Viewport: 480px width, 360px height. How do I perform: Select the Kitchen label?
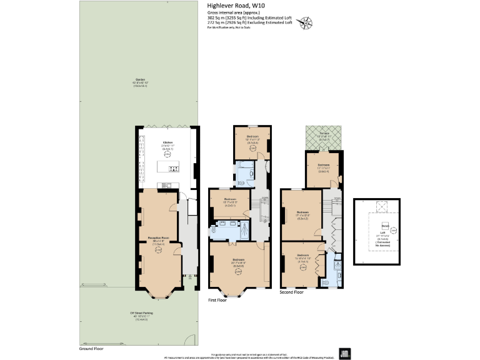point(168,142)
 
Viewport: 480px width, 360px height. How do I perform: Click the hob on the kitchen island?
point(172,169)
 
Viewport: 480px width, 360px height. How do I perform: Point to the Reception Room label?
point(158,238)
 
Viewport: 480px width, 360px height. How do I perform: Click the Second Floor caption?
point(292,292)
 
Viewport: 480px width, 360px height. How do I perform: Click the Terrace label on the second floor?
point(324,134)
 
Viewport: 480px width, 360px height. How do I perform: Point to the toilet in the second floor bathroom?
point(324,282)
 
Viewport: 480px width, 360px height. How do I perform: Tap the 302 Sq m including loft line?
point(249,18)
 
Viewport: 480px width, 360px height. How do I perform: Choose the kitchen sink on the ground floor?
point(166,184)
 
